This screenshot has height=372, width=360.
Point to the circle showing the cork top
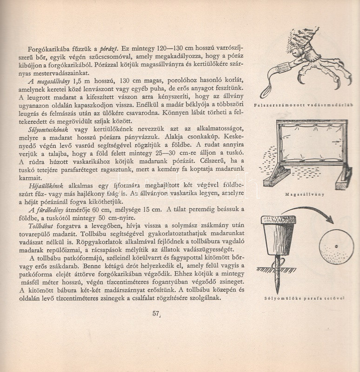[x=337, y=247]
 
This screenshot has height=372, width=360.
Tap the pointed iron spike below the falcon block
[x=278, y=274]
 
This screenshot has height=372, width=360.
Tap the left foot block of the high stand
[x=277, y=177]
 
